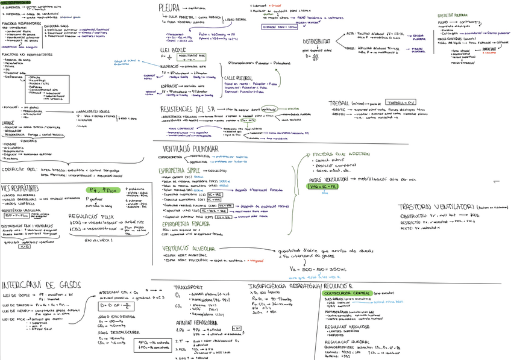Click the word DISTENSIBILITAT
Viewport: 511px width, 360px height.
[x=318, y=41]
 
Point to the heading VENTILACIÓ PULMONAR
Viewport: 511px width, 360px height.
[x=191, y=149]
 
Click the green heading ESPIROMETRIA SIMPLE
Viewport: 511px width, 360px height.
[x=183, y=171]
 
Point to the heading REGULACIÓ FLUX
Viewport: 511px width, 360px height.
[x=90, y=214]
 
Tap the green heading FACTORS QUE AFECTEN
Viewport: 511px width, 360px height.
[x=340, y=155]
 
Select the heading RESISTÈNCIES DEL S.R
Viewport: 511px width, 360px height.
[x=192, y=109]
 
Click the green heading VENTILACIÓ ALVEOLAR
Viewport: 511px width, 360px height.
[x=190, y=247]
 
